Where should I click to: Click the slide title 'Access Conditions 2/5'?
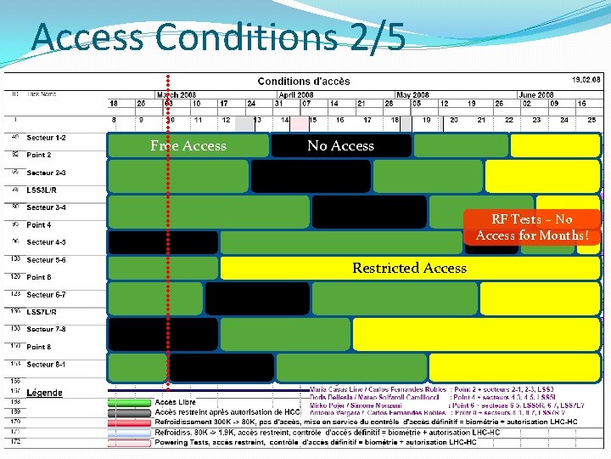pyautogui.click(x=219, y=37)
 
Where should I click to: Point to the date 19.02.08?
pyautogui.click(x=585, y=78)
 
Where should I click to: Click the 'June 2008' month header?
pyautogui.click(x=535, y=95)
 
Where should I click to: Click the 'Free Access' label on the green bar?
pyautogui.click(x=188, y=146)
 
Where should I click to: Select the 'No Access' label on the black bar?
pyautogui.click(x=340, y=146)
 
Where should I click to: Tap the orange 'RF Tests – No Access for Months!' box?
pyautogui.click(x=532, y=227)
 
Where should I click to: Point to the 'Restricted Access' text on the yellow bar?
pyautogui.click(x=409, y=268)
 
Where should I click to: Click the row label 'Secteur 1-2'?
pyautogui.click(x=46, y=138)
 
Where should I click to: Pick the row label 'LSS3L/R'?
pyautogui.click(x=43, y=190)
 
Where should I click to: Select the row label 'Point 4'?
pyautogui.click(x=39, y=225)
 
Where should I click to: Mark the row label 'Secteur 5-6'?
pyautogui.click(x=46, y=260)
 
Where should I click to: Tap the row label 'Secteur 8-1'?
pyautogui.click(x=46, y=364)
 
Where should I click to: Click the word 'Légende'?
pyautogui.click(x=44, y=393)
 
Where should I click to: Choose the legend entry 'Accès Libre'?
pyautogui.click(x=177, y=401)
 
